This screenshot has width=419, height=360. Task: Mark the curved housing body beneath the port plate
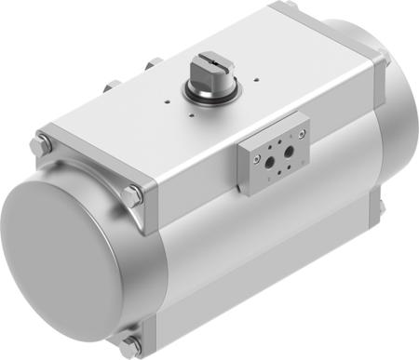pos(279,242)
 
